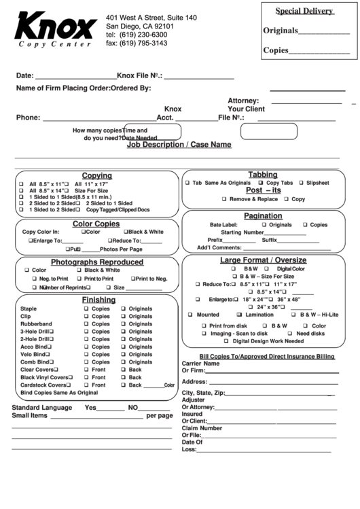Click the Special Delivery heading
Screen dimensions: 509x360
coord(304,11)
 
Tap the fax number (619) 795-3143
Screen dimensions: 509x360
coord(136,43)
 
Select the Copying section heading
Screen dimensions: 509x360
coord(97,175)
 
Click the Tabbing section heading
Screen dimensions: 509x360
coord(263,175)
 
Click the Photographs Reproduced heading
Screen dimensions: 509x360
coord(97,262)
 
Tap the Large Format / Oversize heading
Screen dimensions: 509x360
coord(263,260)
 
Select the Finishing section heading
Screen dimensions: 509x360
coord(98,300)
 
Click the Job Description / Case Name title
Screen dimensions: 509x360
coord(179,145)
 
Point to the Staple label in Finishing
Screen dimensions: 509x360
coord(29,309)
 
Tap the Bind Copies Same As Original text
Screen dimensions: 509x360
coord(59,392)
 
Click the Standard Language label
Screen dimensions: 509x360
coord(42,408)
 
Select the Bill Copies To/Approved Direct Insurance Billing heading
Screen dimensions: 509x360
coord(267,356)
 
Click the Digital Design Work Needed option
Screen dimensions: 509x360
coord(269,342)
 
